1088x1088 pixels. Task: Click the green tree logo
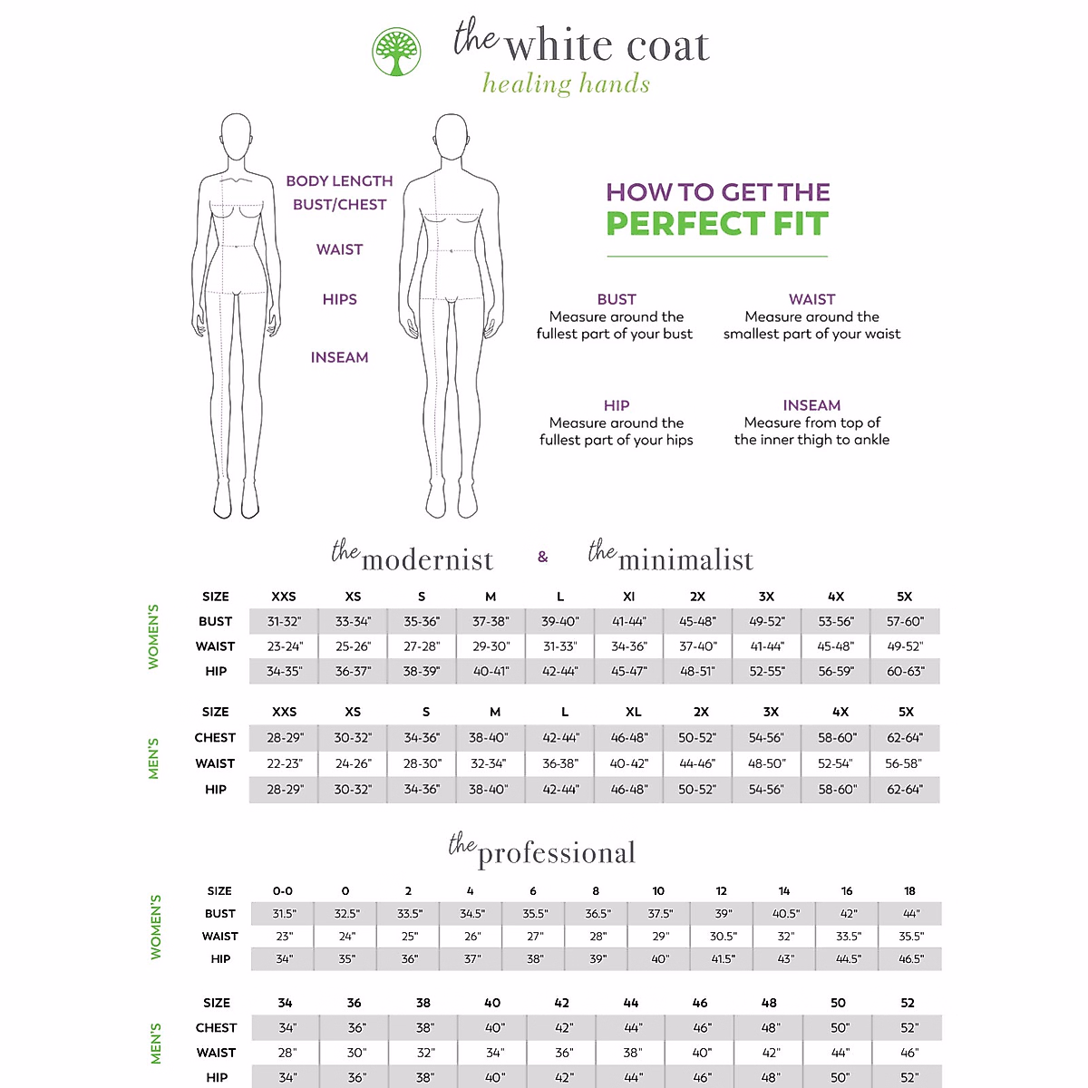(396, 52)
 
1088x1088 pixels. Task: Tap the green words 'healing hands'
(566, 84)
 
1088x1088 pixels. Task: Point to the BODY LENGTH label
(339, 181)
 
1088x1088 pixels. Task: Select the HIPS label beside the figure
(339, 299)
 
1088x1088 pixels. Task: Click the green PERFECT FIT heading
(717, 224)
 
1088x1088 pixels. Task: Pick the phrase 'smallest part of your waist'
(811, 334)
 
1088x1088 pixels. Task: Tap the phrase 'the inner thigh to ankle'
(811, 440)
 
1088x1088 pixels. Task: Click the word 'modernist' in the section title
(427, 560)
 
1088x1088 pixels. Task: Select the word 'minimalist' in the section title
(685, 560)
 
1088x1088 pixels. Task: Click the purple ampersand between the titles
(542, 557)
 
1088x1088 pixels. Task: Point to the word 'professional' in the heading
(557, 853)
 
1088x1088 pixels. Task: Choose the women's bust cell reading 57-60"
(905, 622)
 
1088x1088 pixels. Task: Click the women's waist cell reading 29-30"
(491, 646)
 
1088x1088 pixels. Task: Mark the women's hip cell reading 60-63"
(905, 672)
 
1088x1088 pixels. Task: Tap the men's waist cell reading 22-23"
(285, 763)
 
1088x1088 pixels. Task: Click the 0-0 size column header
(283, 891)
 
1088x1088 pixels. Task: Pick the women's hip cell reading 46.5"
(910, 959)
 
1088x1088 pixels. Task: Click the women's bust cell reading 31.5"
(284, 914)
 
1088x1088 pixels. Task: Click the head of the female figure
(236, 135)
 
